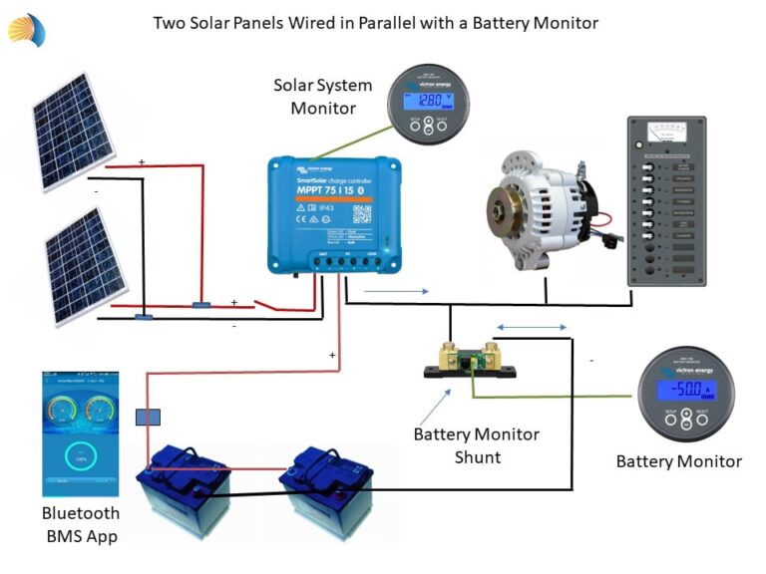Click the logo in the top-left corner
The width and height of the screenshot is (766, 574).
click(27, 29)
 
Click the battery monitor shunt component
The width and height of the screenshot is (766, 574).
click(470, 359)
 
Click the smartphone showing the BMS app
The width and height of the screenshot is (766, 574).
click(81, 433)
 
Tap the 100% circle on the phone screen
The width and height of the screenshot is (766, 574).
click(81, 457)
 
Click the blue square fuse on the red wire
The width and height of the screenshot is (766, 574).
click(147, 417)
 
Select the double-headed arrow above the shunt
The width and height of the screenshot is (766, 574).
click(532, 327)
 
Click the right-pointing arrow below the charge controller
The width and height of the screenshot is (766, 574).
click(398, 292)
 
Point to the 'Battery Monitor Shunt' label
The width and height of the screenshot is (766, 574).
click(476, 445)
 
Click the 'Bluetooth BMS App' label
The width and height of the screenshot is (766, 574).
click(81, 524)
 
